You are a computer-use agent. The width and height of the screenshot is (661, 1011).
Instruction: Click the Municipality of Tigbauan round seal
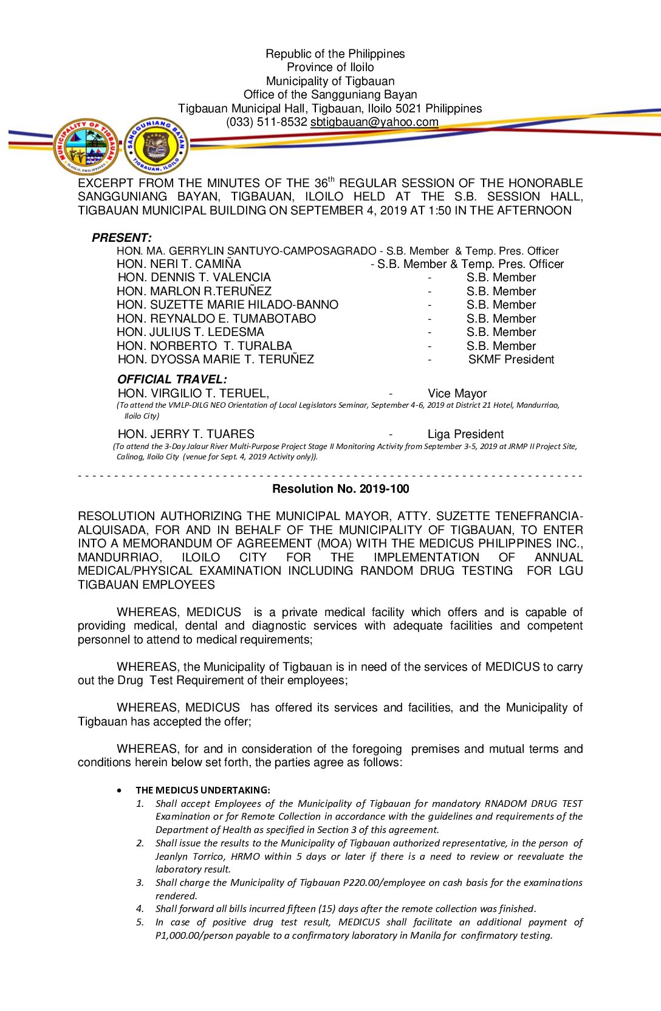coord(86,146)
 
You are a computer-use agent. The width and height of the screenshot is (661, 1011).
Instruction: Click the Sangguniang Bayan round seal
coord(156,146)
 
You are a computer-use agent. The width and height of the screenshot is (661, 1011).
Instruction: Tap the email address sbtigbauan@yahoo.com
coord(374,122)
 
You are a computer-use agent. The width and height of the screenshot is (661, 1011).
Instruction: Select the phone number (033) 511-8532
coord(266,122)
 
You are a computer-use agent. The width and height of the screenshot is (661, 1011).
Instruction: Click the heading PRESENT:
coord(122,238)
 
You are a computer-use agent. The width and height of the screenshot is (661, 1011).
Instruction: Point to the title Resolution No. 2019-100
coord(340,489)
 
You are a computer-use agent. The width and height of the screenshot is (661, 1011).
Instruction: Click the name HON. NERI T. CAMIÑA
coord(179,264)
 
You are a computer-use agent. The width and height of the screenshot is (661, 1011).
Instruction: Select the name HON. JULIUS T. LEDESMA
coord(190,332)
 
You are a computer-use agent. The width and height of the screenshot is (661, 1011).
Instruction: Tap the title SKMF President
coord(511,360)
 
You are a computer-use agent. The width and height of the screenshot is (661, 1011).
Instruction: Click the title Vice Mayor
coord(457,394)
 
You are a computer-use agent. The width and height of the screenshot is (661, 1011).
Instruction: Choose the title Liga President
coord(465,434)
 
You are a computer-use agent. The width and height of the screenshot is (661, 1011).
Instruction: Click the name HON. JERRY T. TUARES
coord(186,434)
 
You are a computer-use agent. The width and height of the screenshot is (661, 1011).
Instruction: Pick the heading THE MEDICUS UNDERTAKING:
coord(203,790)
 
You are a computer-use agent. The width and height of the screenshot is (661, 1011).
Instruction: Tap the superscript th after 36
coord(331,179)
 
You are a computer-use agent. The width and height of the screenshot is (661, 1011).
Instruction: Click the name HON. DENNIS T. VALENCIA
coord(194,278)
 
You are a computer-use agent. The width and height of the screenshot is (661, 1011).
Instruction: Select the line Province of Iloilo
coord(330,67)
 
